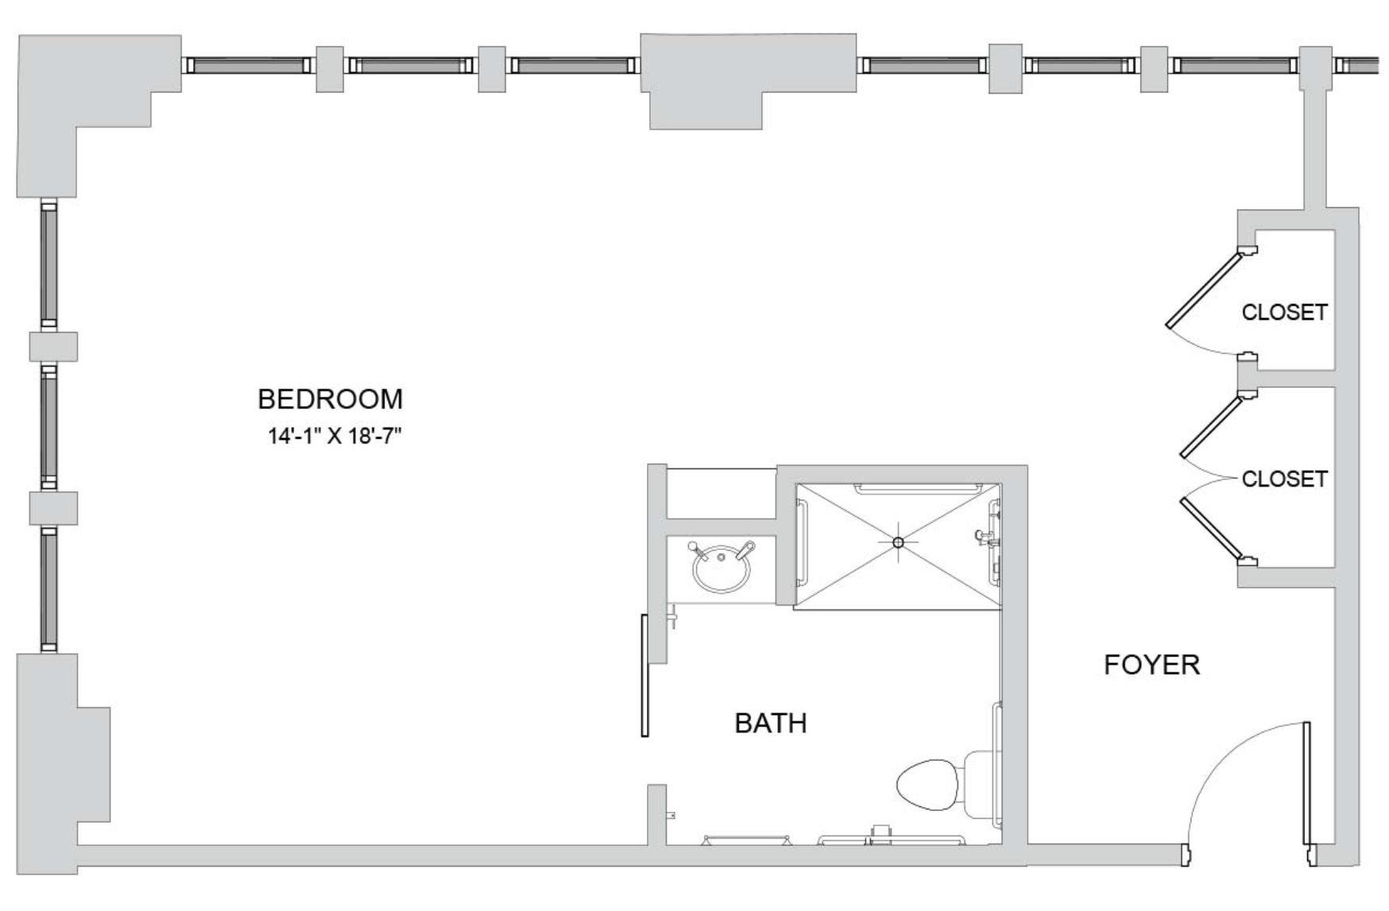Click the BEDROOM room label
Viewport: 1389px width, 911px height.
point(330,398)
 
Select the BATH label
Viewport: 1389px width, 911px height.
point(770,723)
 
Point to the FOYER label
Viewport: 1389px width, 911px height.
point(1152,664)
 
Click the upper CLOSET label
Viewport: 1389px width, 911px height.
point(1284,312)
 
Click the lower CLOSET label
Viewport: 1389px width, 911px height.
point(1284,479)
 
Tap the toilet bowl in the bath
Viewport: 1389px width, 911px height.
point(927,785)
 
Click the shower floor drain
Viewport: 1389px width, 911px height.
point(898,543)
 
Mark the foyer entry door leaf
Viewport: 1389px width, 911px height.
point(1306,782)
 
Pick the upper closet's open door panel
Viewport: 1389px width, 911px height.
point(1203,290)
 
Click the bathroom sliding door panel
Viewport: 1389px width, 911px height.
point(645,675)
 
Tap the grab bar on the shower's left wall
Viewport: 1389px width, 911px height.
point(802,543)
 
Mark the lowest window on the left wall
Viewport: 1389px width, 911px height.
point(49,589)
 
